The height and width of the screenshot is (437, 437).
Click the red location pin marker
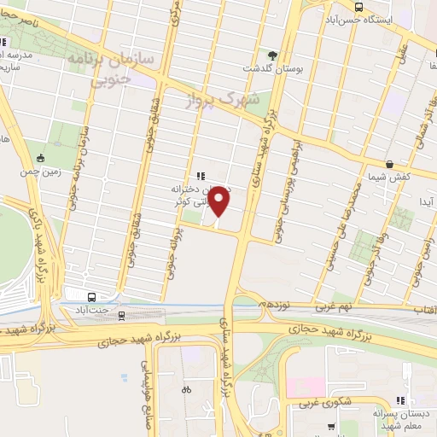[219, 201]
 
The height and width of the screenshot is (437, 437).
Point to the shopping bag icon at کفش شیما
[390, 163]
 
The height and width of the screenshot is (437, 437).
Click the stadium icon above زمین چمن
[40, 157]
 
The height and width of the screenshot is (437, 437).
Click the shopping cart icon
[331, 427]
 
